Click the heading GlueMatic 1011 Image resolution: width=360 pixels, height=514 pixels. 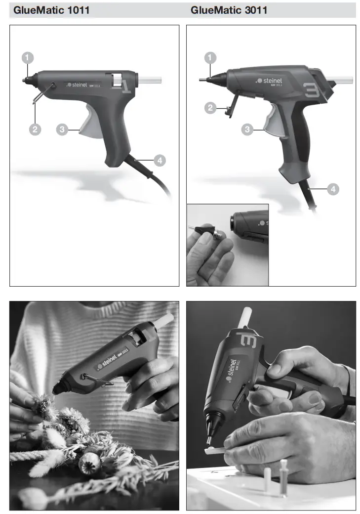(51, 10)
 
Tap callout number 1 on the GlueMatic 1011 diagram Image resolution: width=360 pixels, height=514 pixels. (28, 57)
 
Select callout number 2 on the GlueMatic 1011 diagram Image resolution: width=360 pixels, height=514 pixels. (35, 130)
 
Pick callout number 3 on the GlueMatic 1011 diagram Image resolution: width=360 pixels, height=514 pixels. (62, 130)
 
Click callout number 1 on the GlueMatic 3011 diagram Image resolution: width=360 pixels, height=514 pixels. (211, 58)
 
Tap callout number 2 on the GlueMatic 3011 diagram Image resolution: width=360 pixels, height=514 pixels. (211, 108)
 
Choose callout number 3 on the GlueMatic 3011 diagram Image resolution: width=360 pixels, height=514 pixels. (248, 129)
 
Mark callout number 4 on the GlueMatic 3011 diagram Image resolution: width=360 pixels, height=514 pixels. (333, 188)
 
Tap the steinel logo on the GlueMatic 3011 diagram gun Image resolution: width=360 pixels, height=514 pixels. (271, 80)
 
